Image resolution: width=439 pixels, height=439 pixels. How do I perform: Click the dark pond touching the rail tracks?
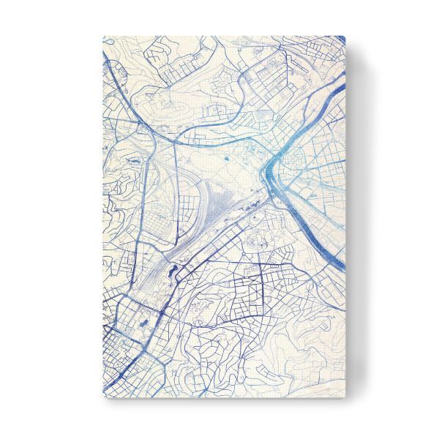[172, 272]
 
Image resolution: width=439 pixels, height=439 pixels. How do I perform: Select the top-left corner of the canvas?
[103, 37]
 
